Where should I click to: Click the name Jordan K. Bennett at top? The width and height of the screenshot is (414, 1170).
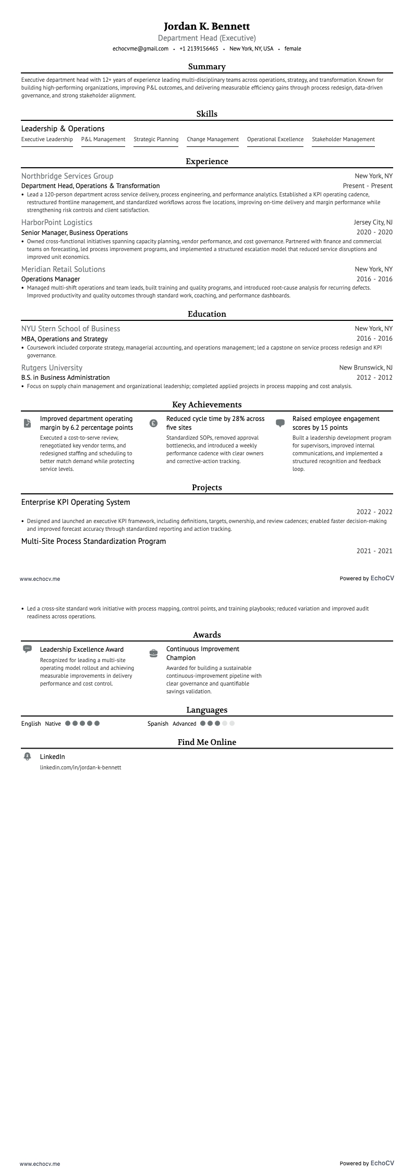[x=207, y=26]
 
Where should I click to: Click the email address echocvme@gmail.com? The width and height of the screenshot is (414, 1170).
[x=140, y=48]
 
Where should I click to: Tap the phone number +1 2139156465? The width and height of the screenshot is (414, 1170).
[x=199, y=48]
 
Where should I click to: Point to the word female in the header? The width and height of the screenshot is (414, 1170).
[x=293, y=48]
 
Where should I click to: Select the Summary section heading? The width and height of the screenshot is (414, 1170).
[x=207, y=67]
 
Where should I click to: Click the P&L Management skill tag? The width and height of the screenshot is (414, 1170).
[x=103, y=139]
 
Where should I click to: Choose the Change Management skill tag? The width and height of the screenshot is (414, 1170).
[x=213, y=139]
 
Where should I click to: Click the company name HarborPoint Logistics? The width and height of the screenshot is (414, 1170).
[x=57, y=222]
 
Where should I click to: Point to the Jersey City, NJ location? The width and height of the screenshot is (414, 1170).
[x=373, y=222]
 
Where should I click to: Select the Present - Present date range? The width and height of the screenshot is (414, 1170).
[x=368, y=186]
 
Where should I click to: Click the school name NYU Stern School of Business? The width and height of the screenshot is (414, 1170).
[x=71, y=329]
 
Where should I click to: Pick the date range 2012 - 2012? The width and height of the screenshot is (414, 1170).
[x=374, y=378]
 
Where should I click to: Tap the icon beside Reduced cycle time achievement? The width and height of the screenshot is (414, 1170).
[x=153, y=423]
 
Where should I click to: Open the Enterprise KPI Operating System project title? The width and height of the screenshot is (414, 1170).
[x=76, y=502]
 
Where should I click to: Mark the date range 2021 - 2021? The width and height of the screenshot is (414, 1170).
[x=374, y=551]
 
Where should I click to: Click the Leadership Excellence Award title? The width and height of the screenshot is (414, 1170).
[x=82, y=649]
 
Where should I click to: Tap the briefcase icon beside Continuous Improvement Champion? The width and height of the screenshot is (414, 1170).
[x=153, y=653]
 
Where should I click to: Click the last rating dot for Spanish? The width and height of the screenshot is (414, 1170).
[x=232, y=724]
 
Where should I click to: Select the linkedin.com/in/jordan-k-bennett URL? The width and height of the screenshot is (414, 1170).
[x=81, y=767]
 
